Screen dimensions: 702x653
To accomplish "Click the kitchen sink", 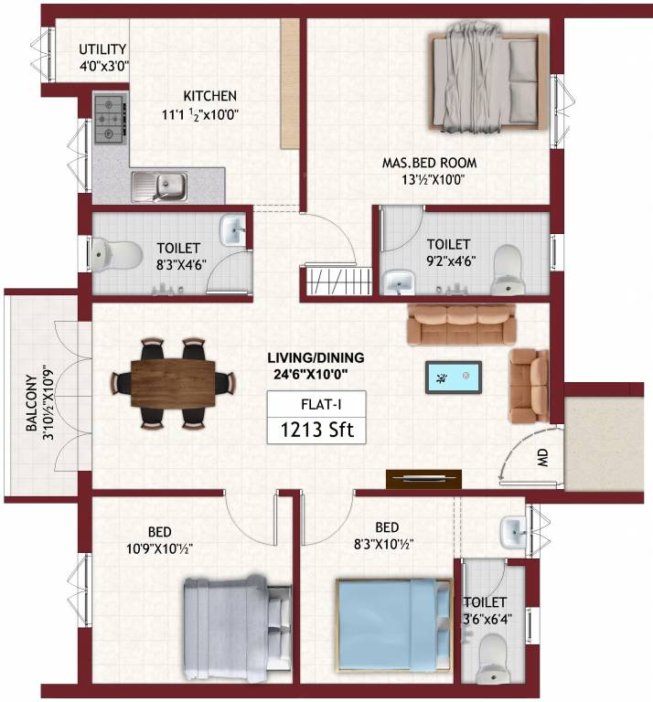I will (x=162, y=187).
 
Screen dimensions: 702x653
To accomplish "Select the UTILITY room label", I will (x=102, y=49).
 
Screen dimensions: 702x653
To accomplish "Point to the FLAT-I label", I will (x=316, y=402).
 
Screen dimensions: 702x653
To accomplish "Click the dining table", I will (x=174, y=383).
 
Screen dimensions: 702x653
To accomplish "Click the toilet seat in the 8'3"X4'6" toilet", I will (x=114, y=252).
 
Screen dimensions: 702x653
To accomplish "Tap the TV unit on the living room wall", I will (x=423, y=479).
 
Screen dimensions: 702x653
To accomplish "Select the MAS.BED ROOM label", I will (x=429, y=164).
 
